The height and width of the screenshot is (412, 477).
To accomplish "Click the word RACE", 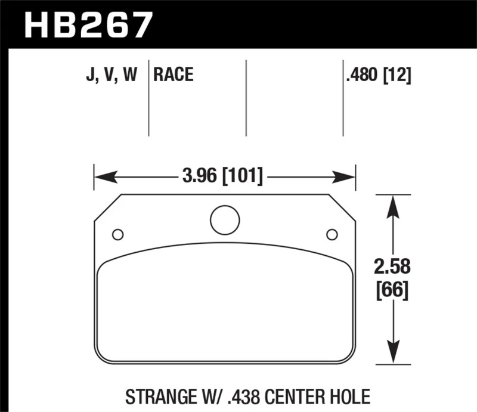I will pos(174,75).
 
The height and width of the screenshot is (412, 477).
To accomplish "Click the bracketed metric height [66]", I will pos(392,292).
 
